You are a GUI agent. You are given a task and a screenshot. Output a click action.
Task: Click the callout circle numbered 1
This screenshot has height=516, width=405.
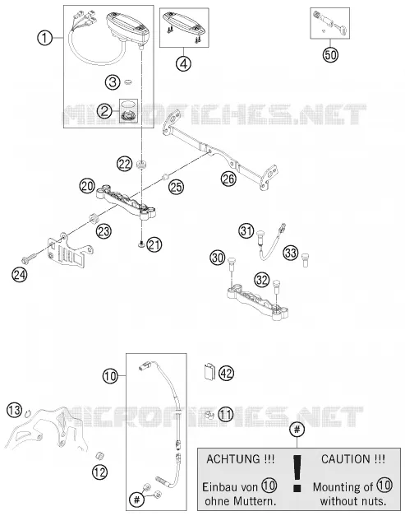tap(44, 38)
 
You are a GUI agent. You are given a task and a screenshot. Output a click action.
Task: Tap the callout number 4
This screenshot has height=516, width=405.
tap(183, 64)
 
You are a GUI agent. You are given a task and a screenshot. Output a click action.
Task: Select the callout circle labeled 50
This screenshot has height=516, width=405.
tap(330, 54)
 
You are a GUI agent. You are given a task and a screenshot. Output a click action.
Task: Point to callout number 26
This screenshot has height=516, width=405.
tap(228, 179)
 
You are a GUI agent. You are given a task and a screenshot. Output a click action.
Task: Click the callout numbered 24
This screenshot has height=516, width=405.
tap(20, 274)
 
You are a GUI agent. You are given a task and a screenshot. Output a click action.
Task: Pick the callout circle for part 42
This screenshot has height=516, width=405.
tap(226, 374)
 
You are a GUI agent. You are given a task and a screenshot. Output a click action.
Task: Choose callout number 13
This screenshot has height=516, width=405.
tap(15, 411)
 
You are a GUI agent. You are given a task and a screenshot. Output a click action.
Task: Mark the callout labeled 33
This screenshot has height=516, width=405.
tap(290, 253)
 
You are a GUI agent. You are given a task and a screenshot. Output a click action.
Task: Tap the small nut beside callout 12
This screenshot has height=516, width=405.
tap(99, 456)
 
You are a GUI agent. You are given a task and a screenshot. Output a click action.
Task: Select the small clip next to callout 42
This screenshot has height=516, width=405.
tap(209, 372)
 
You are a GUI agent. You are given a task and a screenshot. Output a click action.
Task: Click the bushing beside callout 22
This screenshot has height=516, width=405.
tap(141, 164)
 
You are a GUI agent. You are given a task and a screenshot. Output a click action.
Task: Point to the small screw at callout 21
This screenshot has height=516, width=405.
tap(141, 244)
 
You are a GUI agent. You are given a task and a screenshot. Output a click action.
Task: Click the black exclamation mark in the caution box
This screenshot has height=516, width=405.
tap(297, 473)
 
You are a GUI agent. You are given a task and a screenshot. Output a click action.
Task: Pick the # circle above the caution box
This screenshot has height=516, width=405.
tap(297, 430)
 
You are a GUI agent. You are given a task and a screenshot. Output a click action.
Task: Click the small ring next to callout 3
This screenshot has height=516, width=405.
tap(128, 81)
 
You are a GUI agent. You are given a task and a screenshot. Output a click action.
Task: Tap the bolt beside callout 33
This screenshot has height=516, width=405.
tap(305, 259)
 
